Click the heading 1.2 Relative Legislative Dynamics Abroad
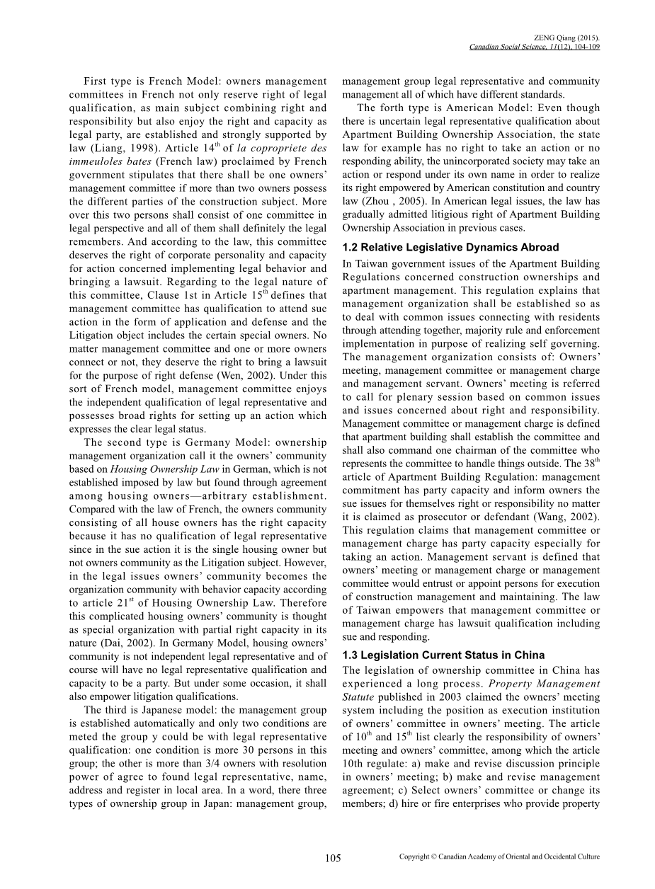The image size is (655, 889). tap(450, 247)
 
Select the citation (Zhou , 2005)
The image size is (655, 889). tap(385, 200)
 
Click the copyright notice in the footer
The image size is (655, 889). tap(499, 856)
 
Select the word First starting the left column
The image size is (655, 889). tap(97, 81)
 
